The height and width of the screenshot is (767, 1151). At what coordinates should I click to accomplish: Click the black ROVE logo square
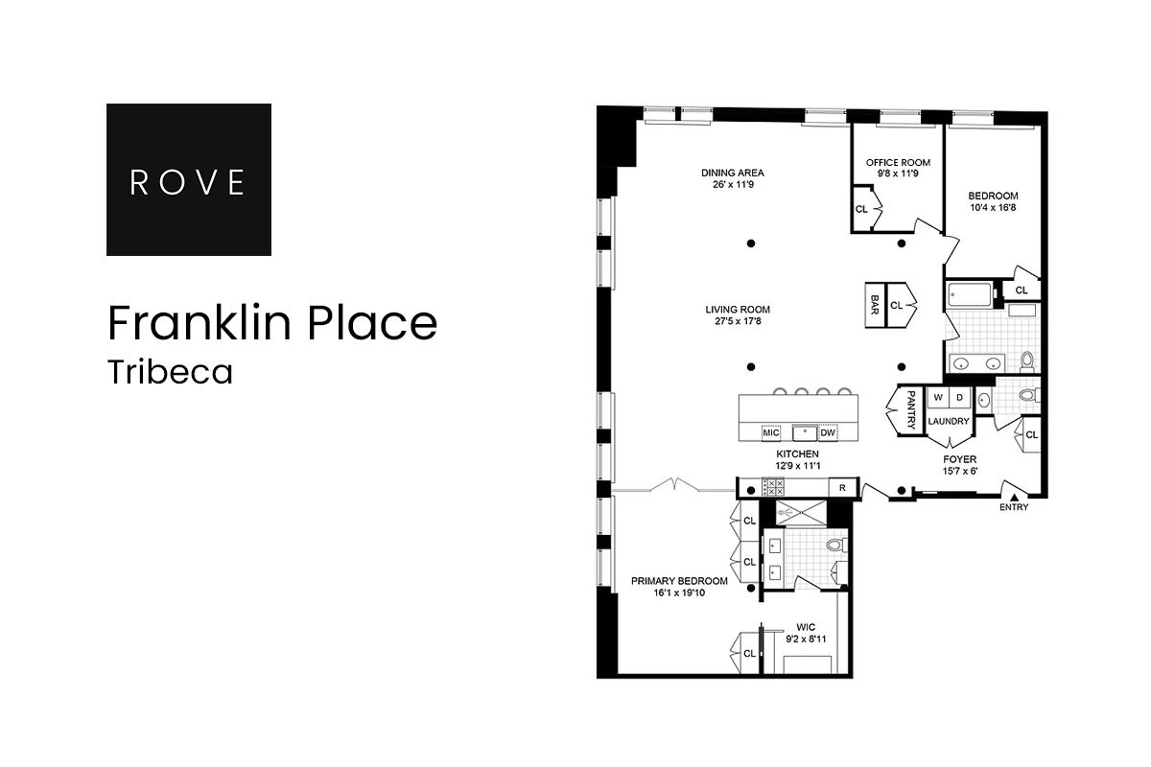[x=188, y=179]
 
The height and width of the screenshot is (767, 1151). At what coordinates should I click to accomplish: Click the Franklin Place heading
[x=272, y=323]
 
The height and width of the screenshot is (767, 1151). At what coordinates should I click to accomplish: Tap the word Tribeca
[x=170, y=372]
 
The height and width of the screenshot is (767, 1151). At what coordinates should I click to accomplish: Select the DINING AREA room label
[x=732, y=173]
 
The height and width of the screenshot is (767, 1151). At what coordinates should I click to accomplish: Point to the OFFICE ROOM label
[x=898, y=163]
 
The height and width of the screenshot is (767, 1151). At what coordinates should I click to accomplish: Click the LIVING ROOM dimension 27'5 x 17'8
[x=738, y=322]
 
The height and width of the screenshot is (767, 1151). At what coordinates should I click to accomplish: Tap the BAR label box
[x=875, y=305]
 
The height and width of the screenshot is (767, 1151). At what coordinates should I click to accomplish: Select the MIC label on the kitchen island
[x=771, y=432]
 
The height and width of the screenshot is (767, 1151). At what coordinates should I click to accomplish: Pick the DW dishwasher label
[x=828, y=432]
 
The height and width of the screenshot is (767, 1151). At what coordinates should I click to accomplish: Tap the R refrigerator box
[x=841, y=488]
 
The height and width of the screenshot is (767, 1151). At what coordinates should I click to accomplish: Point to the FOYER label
[x=959, y=459]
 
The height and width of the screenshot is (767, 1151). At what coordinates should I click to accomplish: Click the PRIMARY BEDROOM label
[x=679, y=581]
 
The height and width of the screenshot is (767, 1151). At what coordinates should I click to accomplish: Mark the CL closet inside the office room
[x=861, y=208]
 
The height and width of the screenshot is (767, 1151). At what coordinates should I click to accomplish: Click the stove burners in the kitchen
[x=773, y=487]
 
